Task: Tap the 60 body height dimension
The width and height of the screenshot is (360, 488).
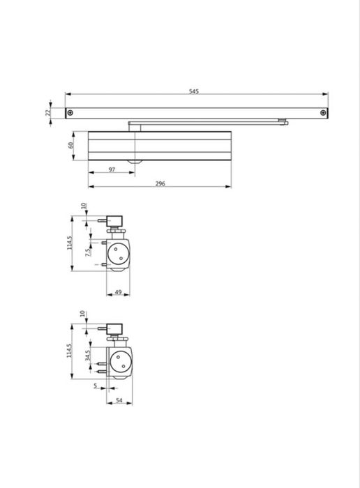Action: point(70,146)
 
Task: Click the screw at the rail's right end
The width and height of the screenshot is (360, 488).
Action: point(323,113)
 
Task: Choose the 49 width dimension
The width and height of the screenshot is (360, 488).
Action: point(118,292)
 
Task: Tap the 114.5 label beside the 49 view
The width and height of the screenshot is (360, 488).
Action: point(70,247)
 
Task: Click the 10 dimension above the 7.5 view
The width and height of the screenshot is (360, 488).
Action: point(84,206)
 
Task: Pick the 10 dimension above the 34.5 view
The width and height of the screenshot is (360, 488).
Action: point(82,314)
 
